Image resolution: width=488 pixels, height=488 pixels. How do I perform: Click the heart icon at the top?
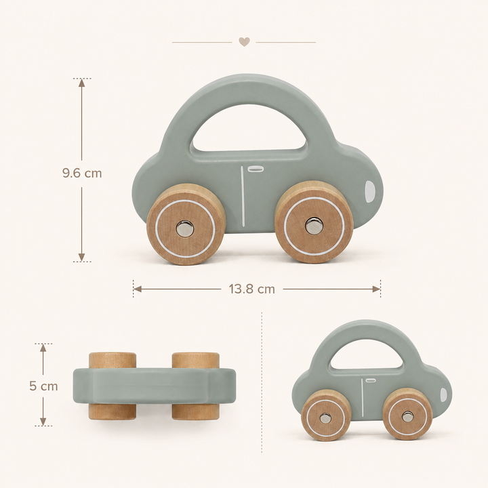coord(244,42)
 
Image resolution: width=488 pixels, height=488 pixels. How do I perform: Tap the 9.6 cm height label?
coord(82,173)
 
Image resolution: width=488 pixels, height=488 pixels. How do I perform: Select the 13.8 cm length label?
coord(252,289)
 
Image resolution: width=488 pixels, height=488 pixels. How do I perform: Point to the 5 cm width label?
coord(43,386)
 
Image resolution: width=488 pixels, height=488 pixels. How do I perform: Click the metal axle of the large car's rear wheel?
coord(185,229)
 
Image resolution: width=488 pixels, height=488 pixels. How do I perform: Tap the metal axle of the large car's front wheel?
coord(314,226)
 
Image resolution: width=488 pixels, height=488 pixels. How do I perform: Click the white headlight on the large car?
coord(370,191)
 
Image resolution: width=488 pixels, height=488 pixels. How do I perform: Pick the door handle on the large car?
coord(256,169)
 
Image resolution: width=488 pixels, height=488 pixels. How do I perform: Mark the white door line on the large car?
coord(243,196)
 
